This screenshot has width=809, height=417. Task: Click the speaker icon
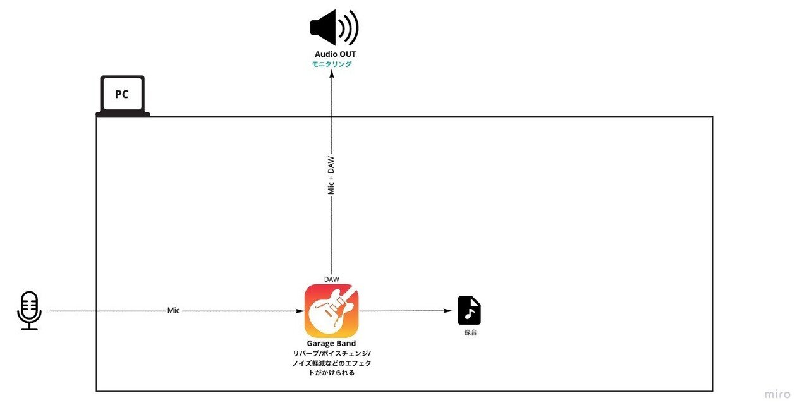tap(334, 27)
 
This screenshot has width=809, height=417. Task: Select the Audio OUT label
tap(335, 54)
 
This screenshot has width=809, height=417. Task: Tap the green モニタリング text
tap(332, 64)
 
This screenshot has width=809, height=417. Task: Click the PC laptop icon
tap(123, 95)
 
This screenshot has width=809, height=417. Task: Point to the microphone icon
tap(29, 310)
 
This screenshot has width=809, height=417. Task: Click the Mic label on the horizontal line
tap(173, 310)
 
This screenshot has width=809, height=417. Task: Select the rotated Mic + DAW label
tap(331, 176)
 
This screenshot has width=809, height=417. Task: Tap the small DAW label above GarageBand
tap(332, 279)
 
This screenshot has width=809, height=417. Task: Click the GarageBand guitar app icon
tap(332, 311)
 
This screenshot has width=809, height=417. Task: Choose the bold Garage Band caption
tap(331, 343)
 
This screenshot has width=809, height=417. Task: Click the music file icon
tap(469, 310)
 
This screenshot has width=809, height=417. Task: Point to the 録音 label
tap(470, 332)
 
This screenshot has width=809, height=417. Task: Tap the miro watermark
tap(777, 394)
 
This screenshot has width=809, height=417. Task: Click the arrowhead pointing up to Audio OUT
tap(332, 74)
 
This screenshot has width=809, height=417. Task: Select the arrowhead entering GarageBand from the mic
tap(300, 311)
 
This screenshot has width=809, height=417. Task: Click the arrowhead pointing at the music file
tap(448, 310)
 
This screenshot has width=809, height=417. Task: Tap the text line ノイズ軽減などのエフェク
tap(332, 363)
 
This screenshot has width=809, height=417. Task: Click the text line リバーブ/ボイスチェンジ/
tap(332, 353)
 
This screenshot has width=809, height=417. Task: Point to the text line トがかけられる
tap(332, 373)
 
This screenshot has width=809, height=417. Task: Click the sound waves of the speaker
tap(349, 27)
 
